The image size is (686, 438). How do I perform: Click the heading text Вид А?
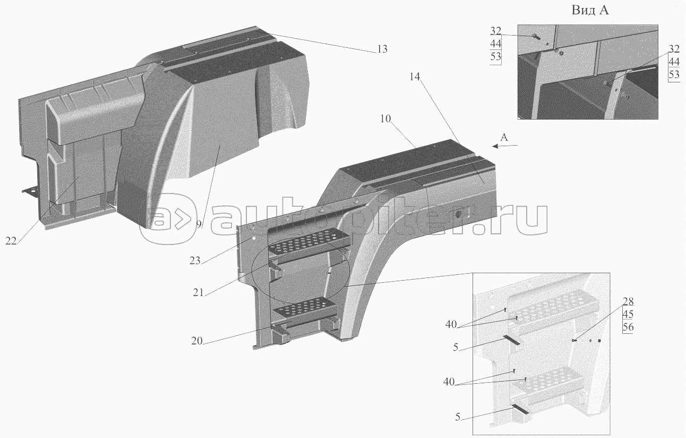[x=590, y=11]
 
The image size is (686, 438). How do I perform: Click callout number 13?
[x=382, y=49]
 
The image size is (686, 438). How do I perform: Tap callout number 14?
[x=415, y=77]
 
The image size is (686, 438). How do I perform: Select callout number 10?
[x=385, y=119]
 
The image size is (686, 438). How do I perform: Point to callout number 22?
[x=11, y=241]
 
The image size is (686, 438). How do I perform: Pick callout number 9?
[x=199, y=224]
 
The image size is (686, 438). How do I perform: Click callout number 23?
[x=195, y=260]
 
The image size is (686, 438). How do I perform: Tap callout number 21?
[x=198, y=292]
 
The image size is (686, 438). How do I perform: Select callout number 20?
[x=197, y=341]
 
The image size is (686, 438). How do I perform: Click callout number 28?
[x=628, y=301]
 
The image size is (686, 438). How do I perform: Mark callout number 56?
[x=628, y=327]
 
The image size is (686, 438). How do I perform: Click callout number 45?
[x=628, y=314]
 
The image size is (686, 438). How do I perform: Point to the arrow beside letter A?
[x=505, y=146]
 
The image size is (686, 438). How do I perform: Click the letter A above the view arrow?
[x=504, y=137]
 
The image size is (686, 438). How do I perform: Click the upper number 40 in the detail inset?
[x=451, y=324]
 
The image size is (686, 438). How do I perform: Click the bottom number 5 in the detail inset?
[x=458, y=417]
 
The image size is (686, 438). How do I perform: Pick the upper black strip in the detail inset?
[x=511, y=340]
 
